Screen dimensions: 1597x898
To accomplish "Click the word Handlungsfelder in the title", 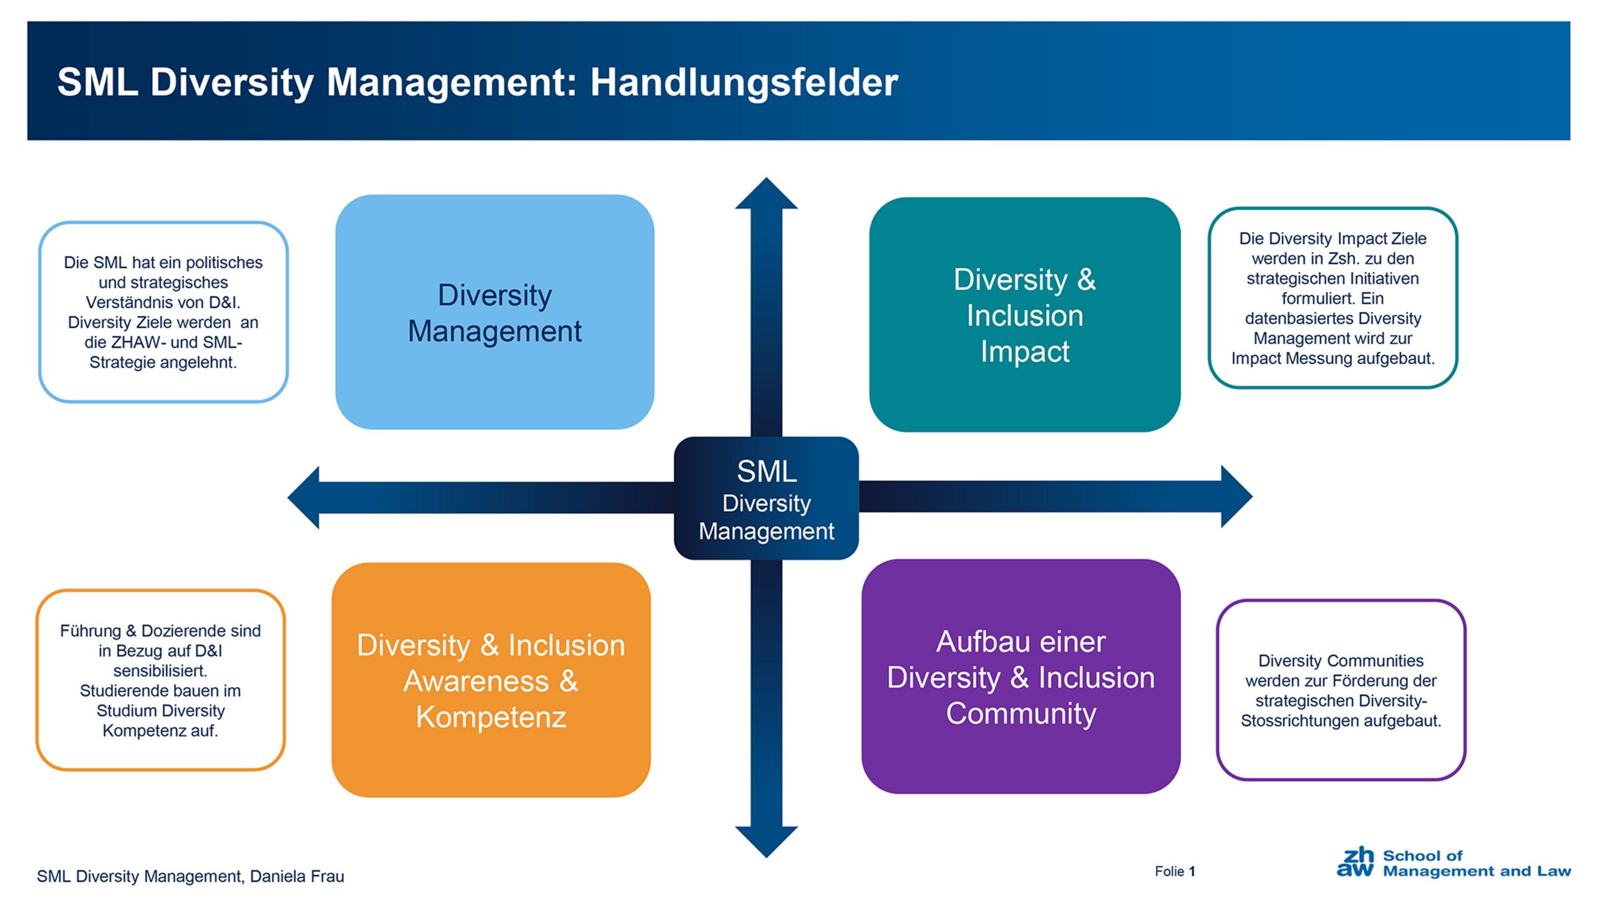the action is coord(744,83).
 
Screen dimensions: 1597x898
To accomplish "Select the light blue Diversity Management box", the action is coord(495,312).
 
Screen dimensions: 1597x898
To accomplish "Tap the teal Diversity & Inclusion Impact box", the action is coord(1024,314).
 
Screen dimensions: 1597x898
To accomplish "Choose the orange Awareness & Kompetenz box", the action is coord(491,680).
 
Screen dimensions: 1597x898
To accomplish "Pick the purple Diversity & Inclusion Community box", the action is coord(1021,677).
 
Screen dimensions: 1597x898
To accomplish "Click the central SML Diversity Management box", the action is coord(766,498).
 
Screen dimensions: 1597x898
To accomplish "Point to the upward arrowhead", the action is coord(766,193).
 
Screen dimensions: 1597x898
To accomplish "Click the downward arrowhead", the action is coord(766,842).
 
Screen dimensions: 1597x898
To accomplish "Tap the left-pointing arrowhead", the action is coord(304,498).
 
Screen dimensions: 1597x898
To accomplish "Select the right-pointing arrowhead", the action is coord(1236,496).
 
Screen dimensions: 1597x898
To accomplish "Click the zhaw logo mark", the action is coord(1355,862).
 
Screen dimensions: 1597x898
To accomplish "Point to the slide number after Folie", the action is coord(1192,872).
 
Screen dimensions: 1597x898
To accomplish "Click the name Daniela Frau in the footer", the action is coord(297,877).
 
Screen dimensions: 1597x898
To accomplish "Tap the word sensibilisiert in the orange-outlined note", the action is coord(160,671).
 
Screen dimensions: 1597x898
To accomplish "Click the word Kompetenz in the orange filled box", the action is coord(491,717).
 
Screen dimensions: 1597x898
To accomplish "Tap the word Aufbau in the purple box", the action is coord(977,642).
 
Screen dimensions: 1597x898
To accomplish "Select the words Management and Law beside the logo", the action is coord(1477,871).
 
